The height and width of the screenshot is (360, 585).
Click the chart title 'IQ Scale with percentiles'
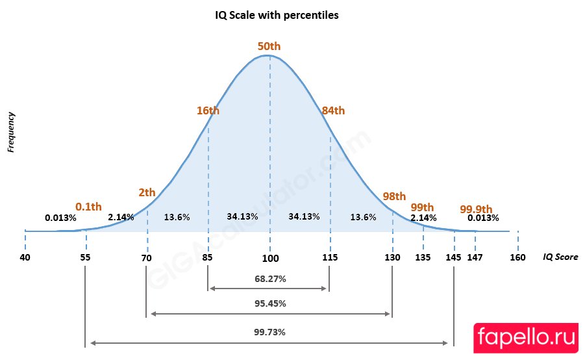pyautogui.click(x=277, y=15)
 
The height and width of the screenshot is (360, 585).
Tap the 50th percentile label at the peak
pyautogui.click(x=269, y=46)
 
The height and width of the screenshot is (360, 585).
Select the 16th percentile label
pyautogui.click(x=208, y=110)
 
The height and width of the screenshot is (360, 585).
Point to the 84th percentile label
pyautogui.click(x=333, y=110)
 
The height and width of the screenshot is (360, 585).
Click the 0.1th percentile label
pyautogui.click(x=88, y=207)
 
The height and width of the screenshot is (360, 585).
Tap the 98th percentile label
pyautogui.click(x=394, y=196)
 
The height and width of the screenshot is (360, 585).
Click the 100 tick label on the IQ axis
pyautogui.click(x=270, y=258)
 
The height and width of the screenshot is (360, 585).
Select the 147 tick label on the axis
pyautogui.click(x=476, y=258)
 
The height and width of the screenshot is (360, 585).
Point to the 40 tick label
pyautogui.click(x=25, y=257)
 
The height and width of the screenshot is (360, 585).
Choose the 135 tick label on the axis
pyautogui.click(x=423, y=257)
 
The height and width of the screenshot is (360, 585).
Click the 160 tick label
pyautogui.click(x=517, y=257)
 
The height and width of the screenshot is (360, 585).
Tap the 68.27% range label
pyautogui.click(x=270, y=278)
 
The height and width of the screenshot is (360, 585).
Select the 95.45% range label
pyautogui.click(x=270, y=303)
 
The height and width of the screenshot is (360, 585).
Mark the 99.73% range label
pyautogui.click(x=270, y=331)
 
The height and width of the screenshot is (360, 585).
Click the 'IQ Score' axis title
pyautogui.click(x=560, y=257)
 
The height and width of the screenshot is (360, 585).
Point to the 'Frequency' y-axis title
pyautogui.click(x=11, y=132)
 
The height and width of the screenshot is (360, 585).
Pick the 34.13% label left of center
pyautogui.click(x=242, y=216)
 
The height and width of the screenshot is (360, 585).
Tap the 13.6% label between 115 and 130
pyautogui.click(x=362, y=217)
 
